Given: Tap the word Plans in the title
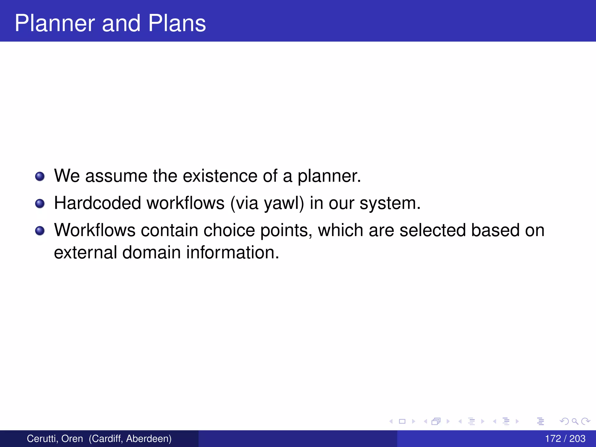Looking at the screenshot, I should tap(177, 23).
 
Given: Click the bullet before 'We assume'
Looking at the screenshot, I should tap(40, 176).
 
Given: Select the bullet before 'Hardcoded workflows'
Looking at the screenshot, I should tap(40, 203).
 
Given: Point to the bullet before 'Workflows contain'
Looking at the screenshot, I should tap(40, 231).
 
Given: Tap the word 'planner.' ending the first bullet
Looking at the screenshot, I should tap(329, 176).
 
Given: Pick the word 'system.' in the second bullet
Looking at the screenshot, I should tap(390, 203).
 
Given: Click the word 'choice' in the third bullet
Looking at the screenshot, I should tap(229, 230).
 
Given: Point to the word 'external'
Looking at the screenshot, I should tap(85, 252).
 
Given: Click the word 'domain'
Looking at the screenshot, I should tap(151, 252).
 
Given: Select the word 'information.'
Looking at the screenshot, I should tap(233, 252).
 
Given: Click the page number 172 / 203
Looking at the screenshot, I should tap(565, 439).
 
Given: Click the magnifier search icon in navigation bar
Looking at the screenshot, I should tap(575, 421).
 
